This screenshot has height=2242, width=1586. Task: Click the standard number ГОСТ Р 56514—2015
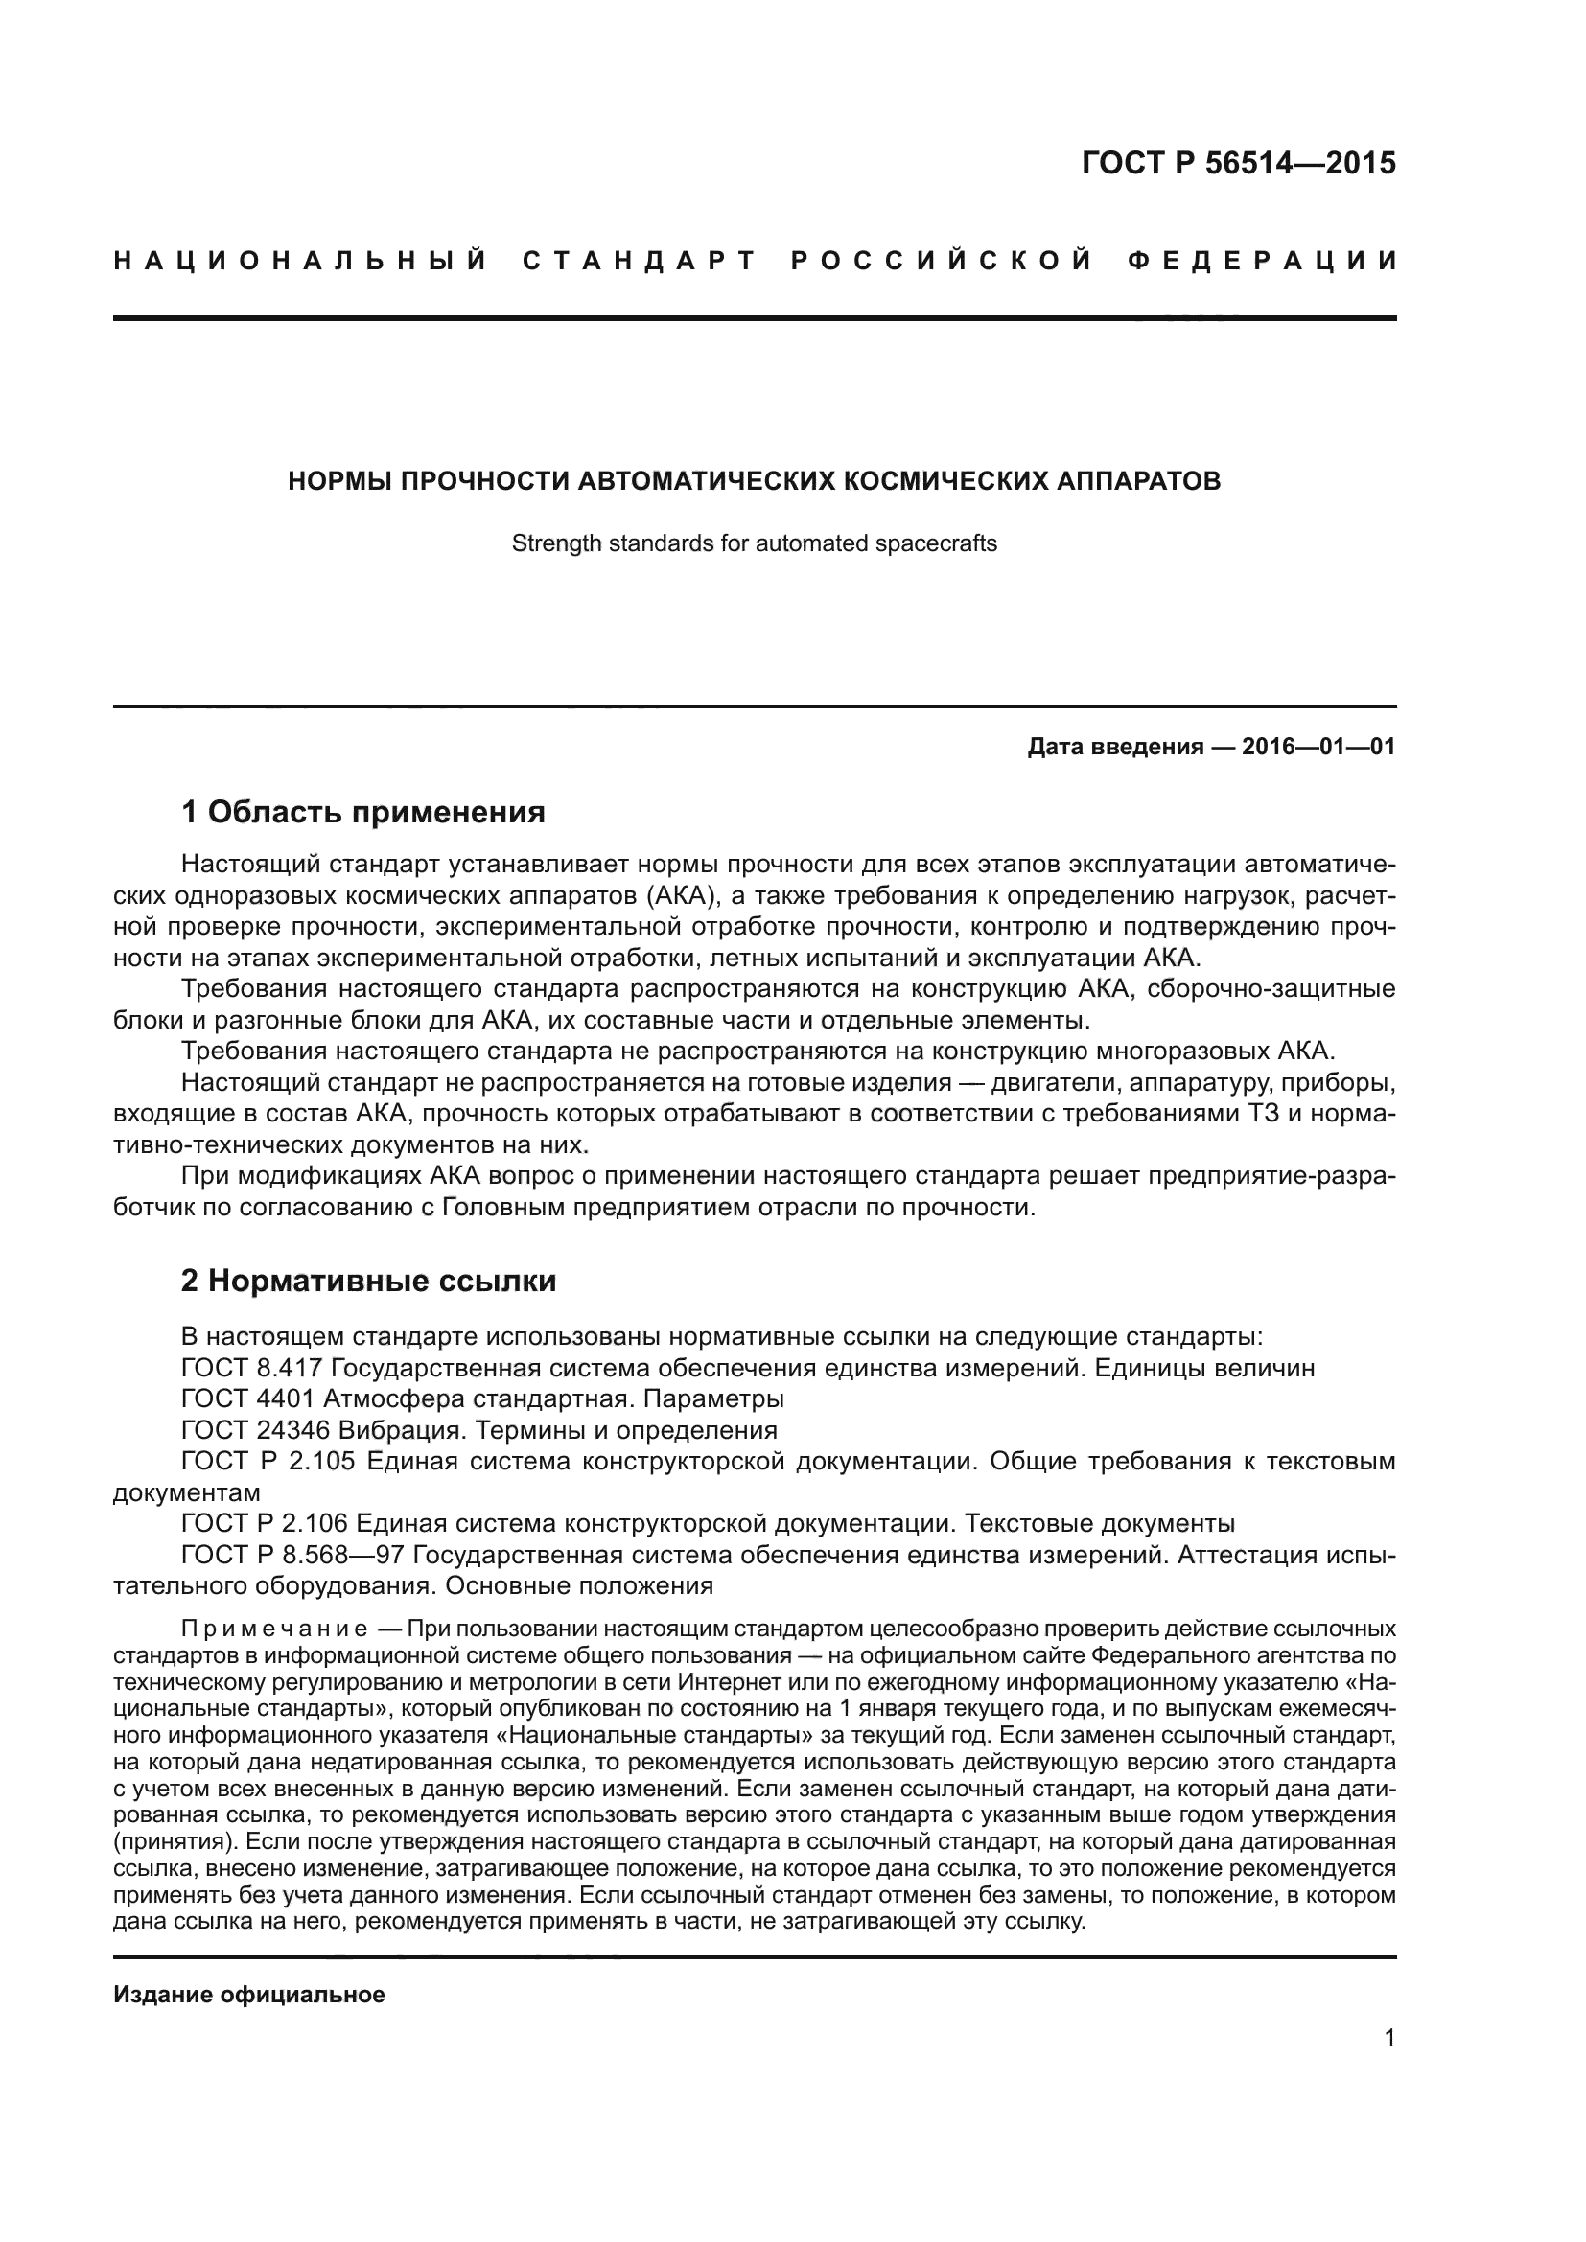pos(1238,163)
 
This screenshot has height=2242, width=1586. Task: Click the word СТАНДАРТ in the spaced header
pos(641,262)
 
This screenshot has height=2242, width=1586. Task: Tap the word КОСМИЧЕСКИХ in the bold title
pos(945,481)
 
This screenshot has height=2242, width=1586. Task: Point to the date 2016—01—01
pos(1318,747)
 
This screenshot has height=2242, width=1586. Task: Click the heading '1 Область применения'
pos(362,812)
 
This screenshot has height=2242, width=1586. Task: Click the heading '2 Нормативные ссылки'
pos(368,1281)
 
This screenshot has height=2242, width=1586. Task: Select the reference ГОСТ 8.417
pos(252,1368)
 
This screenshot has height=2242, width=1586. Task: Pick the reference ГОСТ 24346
pos(256,1430)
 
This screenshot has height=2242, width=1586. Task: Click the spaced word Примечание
pos(274,1629)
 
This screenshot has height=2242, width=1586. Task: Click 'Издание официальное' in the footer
pos(249,1995)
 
